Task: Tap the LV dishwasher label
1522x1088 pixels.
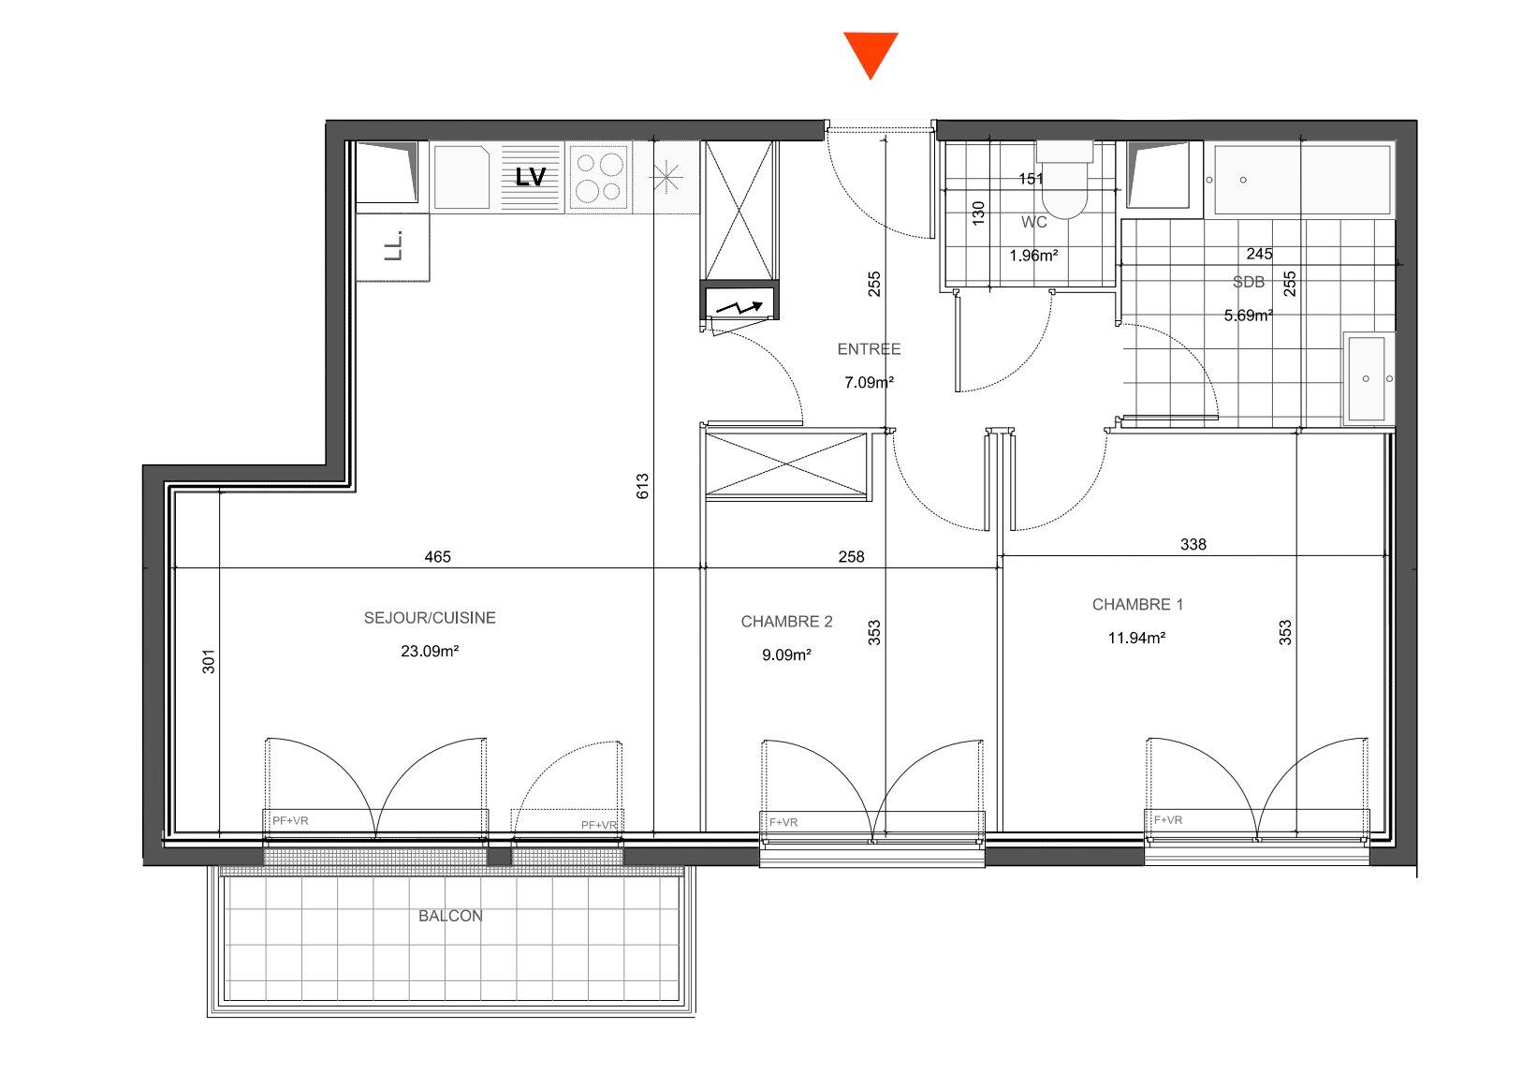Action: [x=530, y=177]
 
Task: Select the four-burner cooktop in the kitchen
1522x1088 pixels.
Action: [x=599, y=177]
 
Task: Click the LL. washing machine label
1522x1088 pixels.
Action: [x=393, y=246]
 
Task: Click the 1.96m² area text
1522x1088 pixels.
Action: [x=1033, y=256]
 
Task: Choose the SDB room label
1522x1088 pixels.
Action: [x=1249, y=282]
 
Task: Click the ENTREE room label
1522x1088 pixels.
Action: [x=869, y=349]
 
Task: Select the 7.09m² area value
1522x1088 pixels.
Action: [x=869, y=383]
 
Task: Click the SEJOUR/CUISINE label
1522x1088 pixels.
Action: [x=430, y=618]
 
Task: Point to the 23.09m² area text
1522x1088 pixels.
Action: [x=430, y=651]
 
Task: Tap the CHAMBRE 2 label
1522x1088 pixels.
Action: [x=786, y=622]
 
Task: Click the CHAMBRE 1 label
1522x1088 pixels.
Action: [x=1137, y=605]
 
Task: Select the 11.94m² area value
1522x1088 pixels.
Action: [x=1136, y=639]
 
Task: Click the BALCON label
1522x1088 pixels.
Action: [x=450, y=916]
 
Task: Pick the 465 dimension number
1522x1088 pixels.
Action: [x=437, y=557]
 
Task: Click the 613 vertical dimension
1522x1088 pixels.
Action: [x=643, y=487]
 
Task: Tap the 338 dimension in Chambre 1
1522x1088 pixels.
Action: [x=1193, y=544]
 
